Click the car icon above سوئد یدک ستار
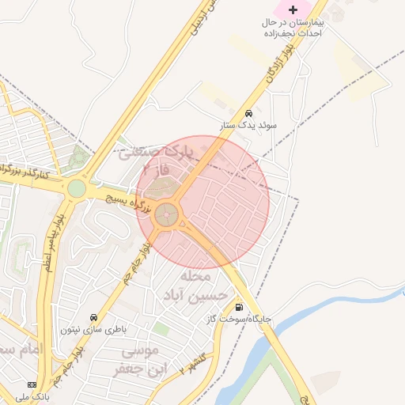tap(249, 113)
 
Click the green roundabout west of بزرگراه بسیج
tap(77, 188)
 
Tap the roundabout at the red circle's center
tap(167, 214)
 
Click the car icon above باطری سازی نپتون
tap(94, 317)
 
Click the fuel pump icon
tap(238, 307)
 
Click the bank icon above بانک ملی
tap(32, 384)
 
